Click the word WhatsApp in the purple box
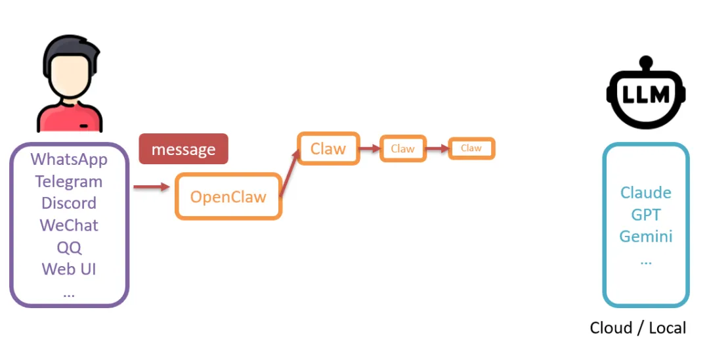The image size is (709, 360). [x=69, y=160]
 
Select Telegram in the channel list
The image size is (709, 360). [x=69, y=181]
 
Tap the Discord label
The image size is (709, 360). [x=69, y=203]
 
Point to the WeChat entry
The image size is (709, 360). [x=69, y=225]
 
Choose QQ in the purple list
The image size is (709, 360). [x=69, y=247]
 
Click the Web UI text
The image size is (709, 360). [x=69, y=269]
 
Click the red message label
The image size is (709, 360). [x=183, y=149]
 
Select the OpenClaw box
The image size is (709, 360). [x=228, y=196]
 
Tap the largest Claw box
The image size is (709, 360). [x=328, y=149]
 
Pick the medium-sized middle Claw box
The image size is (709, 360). [x=402, y=149]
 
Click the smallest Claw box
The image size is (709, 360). [x=471, y=148]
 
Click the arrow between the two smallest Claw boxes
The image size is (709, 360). [x=437, y=149]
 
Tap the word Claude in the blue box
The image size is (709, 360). [x=646, y=193]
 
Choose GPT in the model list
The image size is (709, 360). [x=646, y=215]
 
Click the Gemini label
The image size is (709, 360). [x=646, y=236]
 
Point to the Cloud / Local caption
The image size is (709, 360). [x=637, y=328]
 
